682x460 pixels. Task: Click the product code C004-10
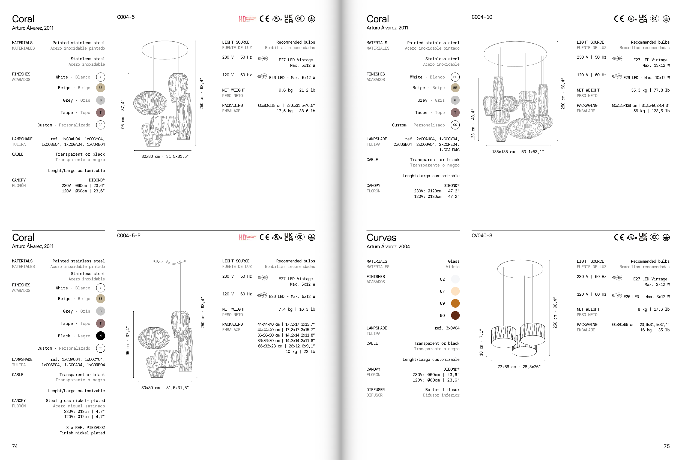point(481,17)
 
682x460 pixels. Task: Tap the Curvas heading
point(381,237)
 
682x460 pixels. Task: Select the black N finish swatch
point(100,336)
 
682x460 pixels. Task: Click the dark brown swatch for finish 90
point(455,316)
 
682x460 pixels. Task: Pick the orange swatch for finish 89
point(455,303)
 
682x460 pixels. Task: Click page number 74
point(15,446)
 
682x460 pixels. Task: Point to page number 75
point(666,446)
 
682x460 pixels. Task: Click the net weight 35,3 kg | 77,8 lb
point(650,90)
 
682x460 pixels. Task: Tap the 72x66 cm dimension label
point(507,367)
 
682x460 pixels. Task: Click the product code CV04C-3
point(481,235)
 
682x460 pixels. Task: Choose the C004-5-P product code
point(128,235)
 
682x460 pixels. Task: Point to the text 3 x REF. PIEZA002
point(85,428)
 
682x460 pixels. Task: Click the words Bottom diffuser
point(442,390)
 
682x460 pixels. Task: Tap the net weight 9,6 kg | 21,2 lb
point(297,90)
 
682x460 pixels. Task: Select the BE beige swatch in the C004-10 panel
point(455,88)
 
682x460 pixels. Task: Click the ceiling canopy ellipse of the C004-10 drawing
point(515,41)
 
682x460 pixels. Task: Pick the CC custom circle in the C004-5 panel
point(100,125)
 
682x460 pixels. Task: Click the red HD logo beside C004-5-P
point(247,237)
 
